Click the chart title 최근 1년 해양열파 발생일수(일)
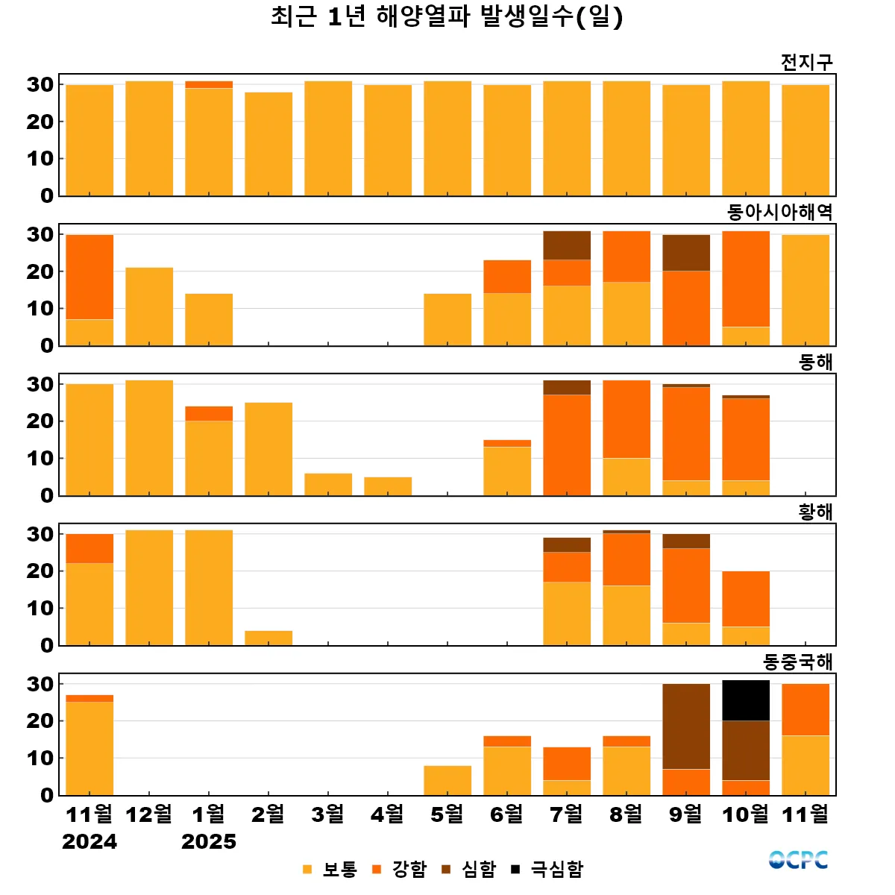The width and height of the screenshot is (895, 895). click(x=447, y=16)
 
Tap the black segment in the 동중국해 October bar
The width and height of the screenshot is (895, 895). click(x=746, y=700)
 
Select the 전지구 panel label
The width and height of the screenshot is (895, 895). click(x=806, y=62)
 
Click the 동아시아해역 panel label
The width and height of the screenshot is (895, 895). click(x=779, y=213)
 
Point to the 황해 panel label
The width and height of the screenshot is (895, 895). click(x=815, y=512)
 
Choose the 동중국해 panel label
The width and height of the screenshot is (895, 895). click(x=797, y=662)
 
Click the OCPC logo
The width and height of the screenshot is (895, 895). click(x=798, y=860)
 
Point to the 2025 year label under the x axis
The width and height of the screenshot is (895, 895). click(x=209, y=842)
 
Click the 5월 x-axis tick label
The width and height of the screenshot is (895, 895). click(x=447, y=814)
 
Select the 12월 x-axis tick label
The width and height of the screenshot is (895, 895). click(x=149, y=814)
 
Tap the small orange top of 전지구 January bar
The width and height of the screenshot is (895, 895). click(x=209, y=84)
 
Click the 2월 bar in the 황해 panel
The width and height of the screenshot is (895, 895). click(x=268, y=638)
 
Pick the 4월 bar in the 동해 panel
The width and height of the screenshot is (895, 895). click(x=388, y=486)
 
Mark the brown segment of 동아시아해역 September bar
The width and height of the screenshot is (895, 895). click(x=686, y=253)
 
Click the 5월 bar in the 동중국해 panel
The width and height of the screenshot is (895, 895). click(x=447, y=780)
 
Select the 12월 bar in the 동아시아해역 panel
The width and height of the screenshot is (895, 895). click(x=149, y=307)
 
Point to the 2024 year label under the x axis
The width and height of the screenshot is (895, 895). click(x=89, y=842)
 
